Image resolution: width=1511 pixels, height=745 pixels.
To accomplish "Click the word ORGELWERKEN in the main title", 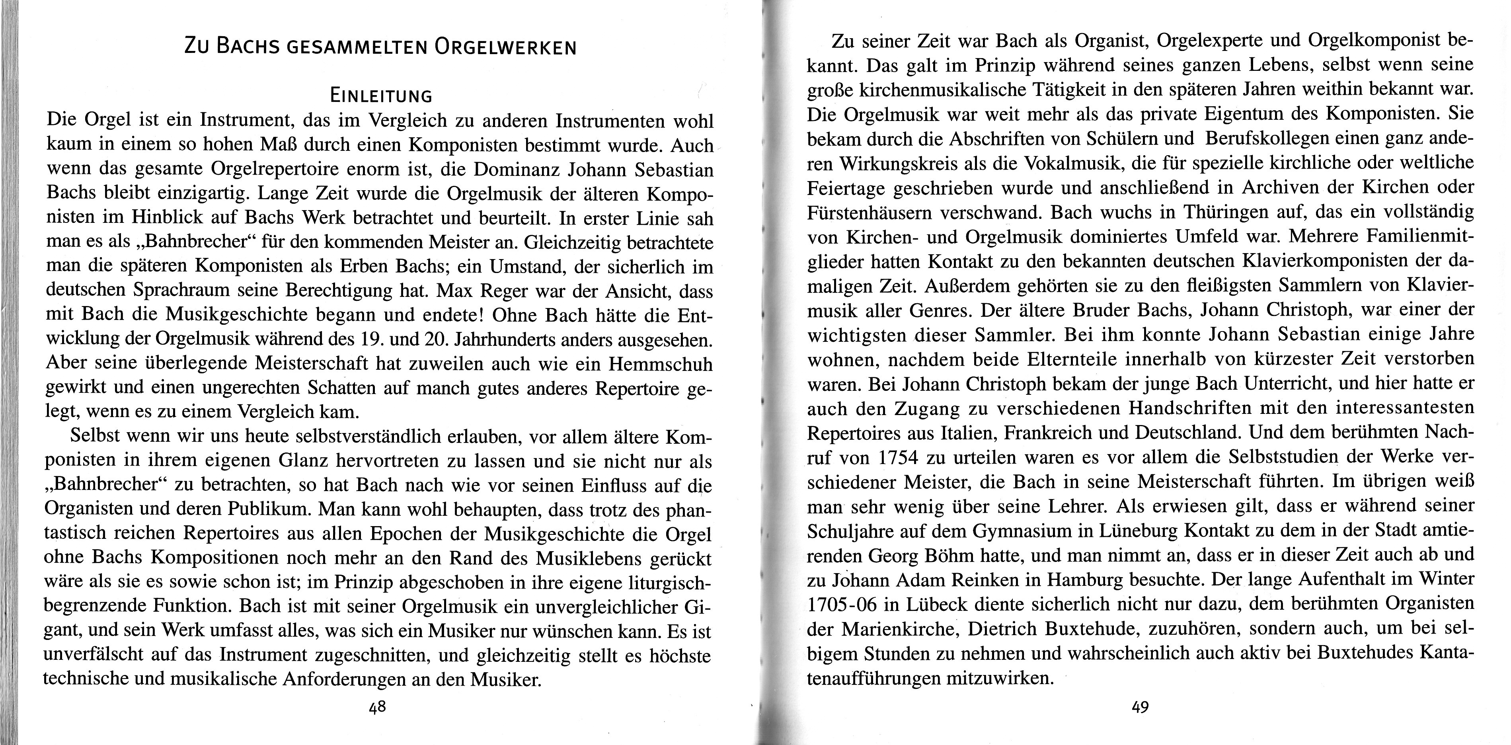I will point(505,47).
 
